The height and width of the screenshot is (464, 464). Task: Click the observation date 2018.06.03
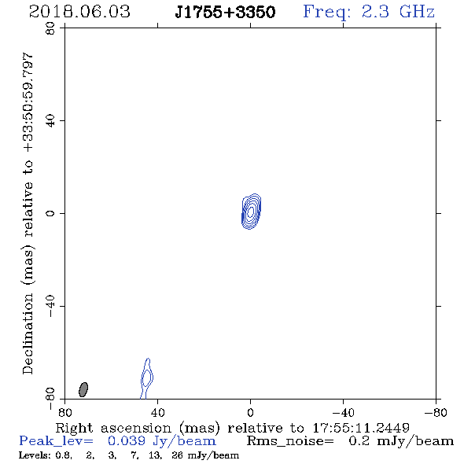point(79,12)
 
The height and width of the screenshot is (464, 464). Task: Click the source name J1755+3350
point(225,12)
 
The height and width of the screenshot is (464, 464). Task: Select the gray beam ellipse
point(83,389)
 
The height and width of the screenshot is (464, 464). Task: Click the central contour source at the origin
point(251,212)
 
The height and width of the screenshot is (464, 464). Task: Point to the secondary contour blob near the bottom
point(147,378)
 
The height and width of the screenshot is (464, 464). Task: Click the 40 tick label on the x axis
point(157,413)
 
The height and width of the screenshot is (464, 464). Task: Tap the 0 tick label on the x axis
point(250,413)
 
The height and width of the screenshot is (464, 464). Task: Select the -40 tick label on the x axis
point(343,413)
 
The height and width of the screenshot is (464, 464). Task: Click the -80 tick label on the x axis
point(436,413)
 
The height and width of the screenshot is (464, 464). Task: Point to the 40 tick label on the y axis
point(50,121)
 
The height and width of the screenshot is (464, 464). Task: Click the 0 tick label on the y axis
point(50,213)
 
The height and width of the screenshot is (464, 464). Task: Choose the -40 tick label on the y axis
point(50,306)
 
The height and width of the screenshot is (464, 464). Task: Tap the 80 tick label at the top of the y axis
point(50,28)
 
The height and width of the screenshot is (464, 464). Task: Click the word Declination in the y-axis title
point(28,333)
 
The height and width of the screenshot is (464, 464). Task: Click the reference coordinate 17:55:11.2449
point(361,428)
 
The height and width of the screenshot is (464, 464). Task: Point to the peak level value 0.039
point(127,441)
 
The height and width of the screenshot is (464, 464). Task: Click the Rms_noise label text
point(290,441)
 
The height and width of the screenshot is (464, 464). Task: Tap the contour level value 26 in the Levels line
point(177,455)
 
